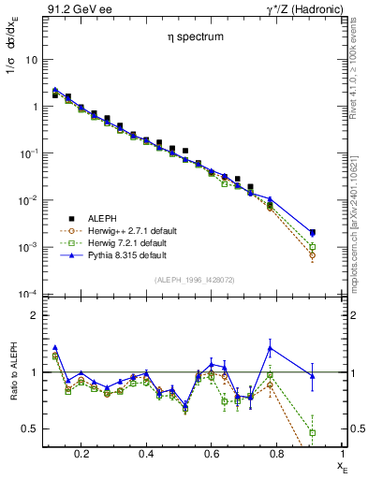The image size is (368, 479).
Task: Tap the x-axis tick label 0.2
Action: tap(81, 454)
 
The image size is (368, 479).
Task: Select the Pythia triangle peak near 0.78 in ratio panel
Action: tap(270, 348)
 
